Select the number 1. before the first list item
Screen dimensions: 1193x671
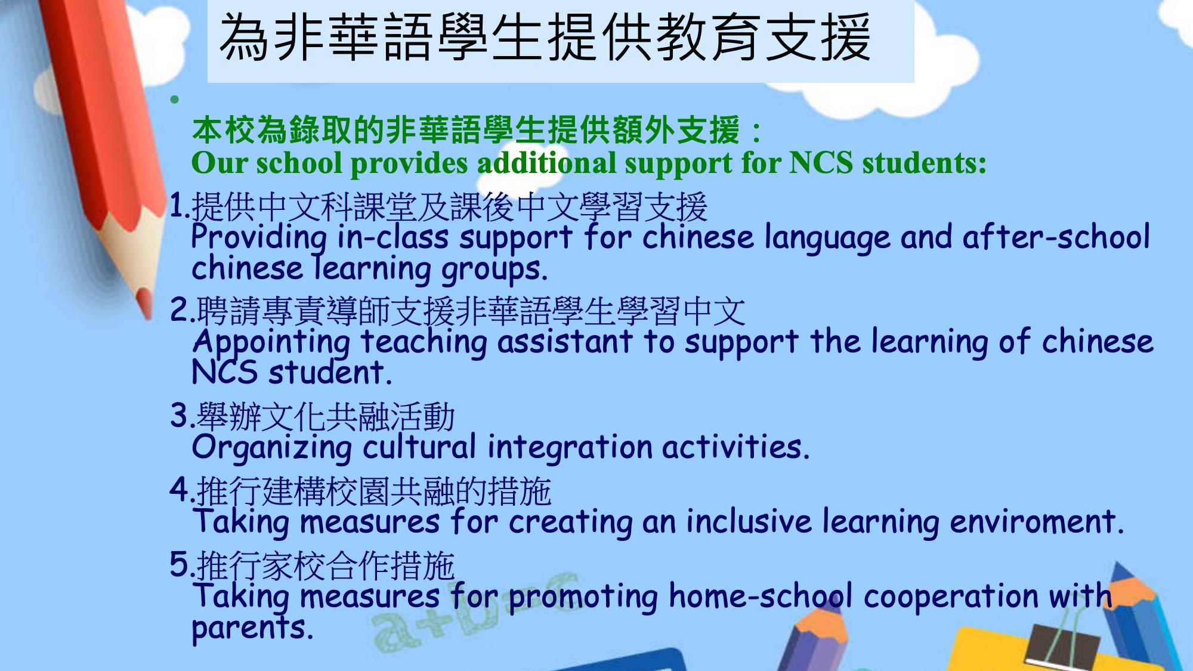point(180,206)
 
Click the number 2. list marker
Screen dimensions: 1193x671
point(183,310)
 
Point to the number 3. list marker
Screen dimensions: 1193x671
point(183,415)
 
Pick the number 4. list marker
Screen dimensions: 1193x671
point(183,490)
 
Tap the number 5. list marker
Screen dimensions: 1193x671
point(183,564)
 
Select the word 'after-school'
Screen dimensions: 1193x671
point(1056,236)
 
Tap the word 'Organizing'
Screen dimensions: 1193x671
point(271,449)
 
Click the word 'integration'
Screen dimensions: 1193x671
point(570,449)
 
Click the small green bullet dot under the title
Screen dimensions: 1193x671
point(174,100)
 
